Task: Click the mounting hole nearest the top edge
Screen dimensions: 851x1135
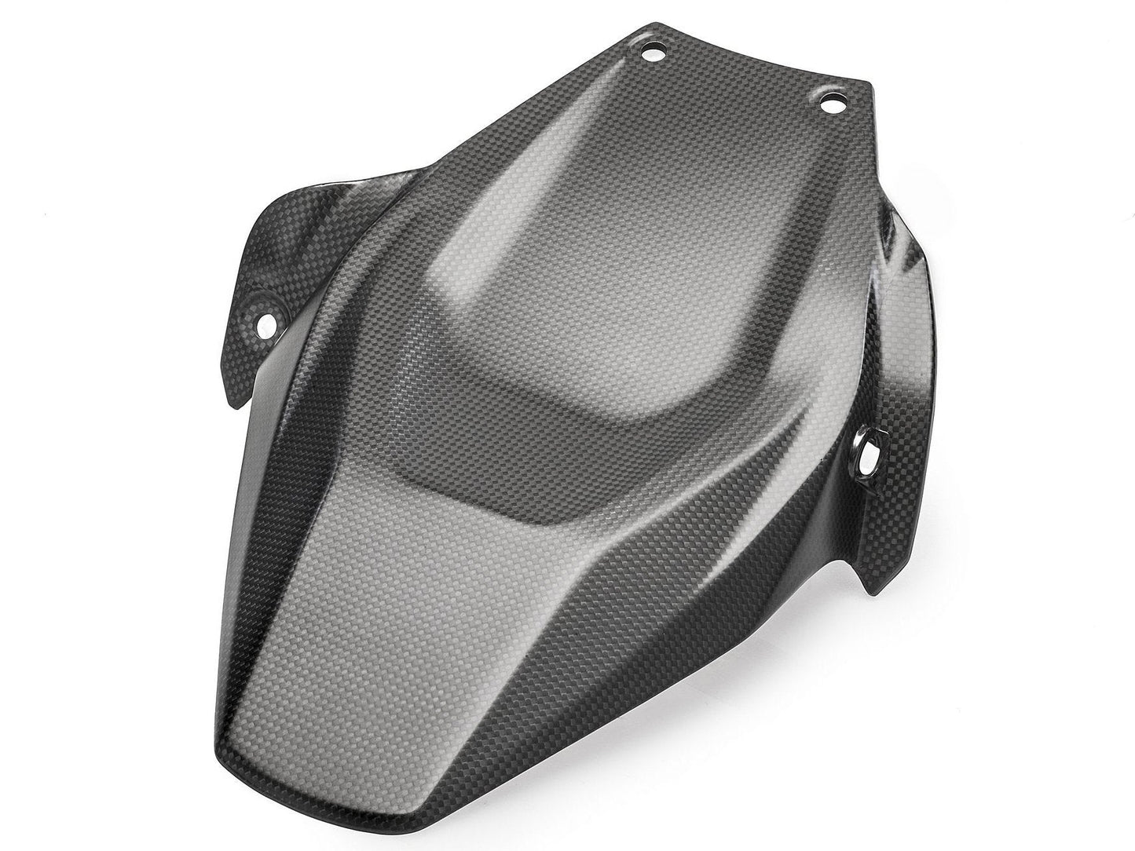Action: [651, 54]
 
